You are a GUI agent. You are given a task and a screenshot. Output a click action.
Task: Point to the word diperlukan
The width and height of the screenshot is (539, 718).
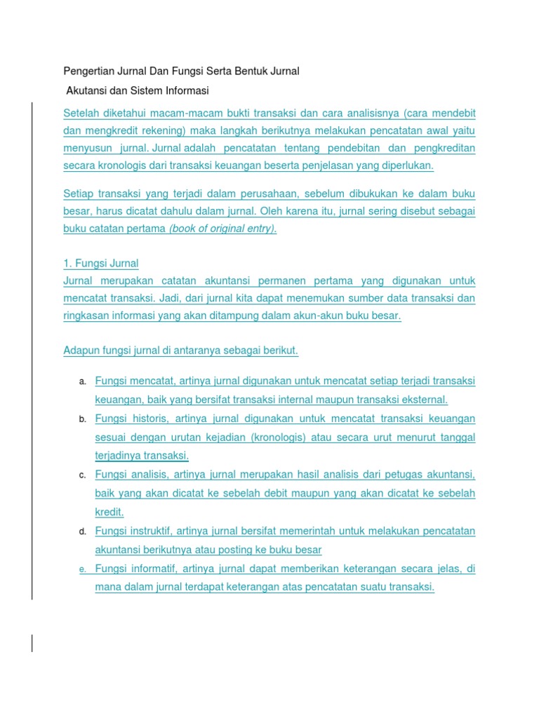(406, 166)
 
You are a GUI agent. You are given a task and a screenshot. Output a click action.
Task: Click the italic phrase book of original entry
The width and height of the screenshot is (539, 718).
(222, 229)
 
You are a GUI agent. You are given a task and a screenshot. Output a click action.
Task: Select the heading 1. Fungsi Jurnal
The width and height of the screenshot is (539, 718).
(101, 264)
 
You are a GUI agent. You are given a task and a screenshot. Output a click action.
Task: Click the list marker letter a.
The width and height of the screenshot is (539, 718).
(82, 381)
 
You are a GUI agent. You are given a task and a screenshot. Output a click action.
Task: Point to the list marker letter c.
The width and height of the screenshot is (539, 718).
(82, 475)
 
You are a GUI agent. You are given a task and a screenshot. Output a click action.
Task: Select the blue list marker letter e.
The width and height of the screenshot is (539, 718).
(82, 569)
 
